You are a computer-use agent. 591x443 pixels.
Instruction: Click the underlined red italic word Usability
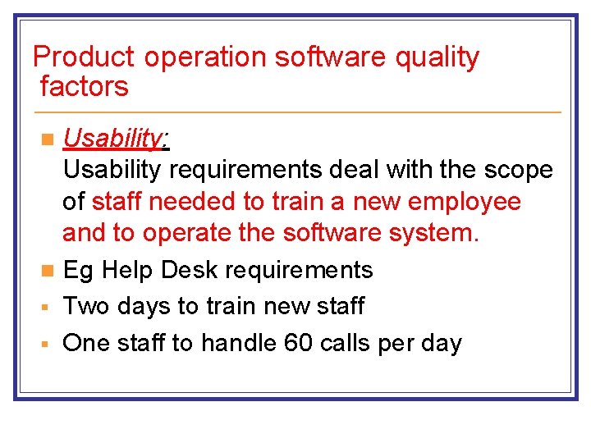112,139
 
